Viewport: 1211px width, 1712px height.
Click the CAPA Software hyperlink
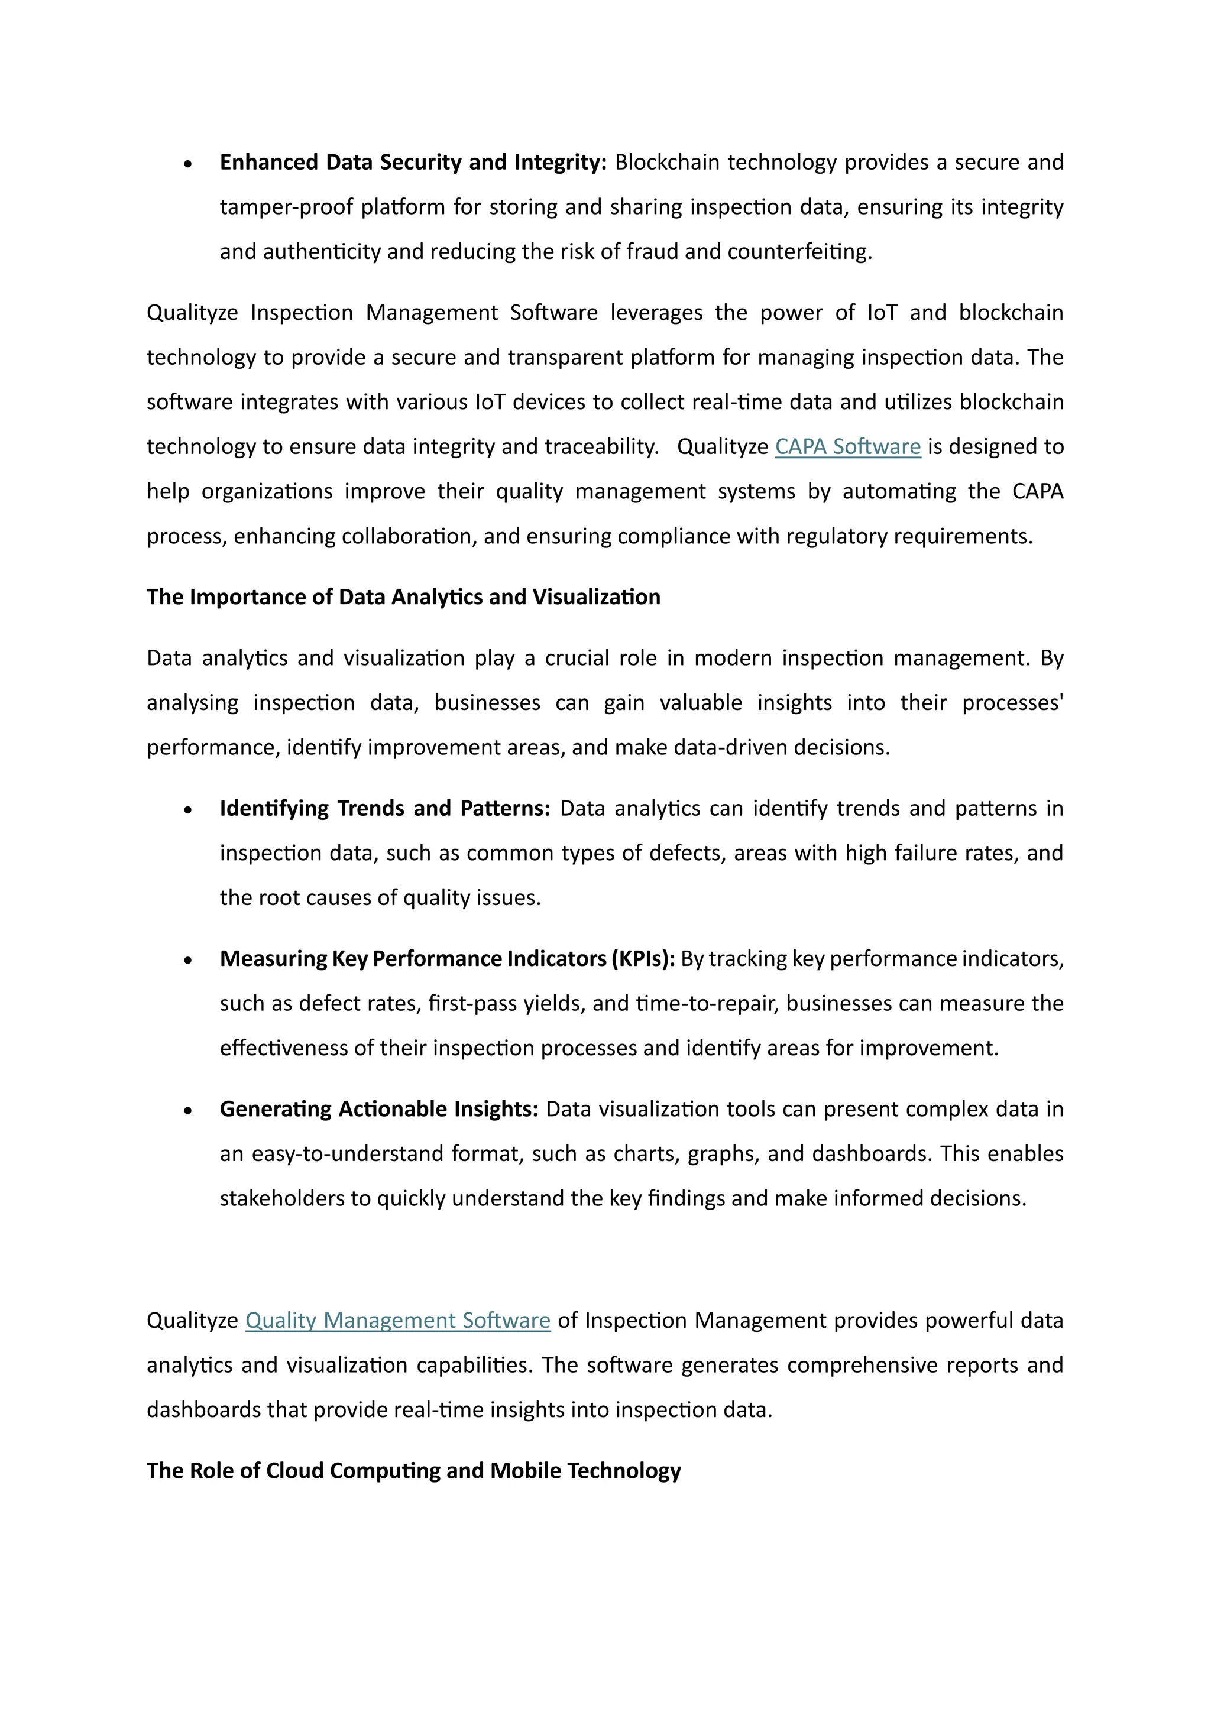[x=848, y=447]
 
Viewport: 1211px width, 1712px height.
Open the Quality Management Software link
[x=397, y=1321]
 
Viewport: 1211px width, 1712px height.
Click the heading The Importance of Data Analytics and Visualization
[x=403, y=597]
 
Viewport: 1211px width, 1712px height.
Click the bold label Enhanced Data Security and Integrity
[x=413, y=163]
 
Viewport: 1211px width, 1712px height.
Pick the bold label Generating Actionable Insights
[x=379, y=1109]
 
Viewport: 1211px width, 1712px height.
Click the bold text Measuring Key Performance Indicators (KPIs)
[x=448, y=959]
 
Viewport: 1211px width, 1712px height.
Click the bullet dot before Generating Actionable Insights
[x=188, y=1111]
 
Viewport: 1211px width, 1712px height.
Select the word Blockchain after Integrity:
[x=666, y=163]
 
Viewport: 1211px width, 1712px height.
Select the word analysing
[x=192, y=703]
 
